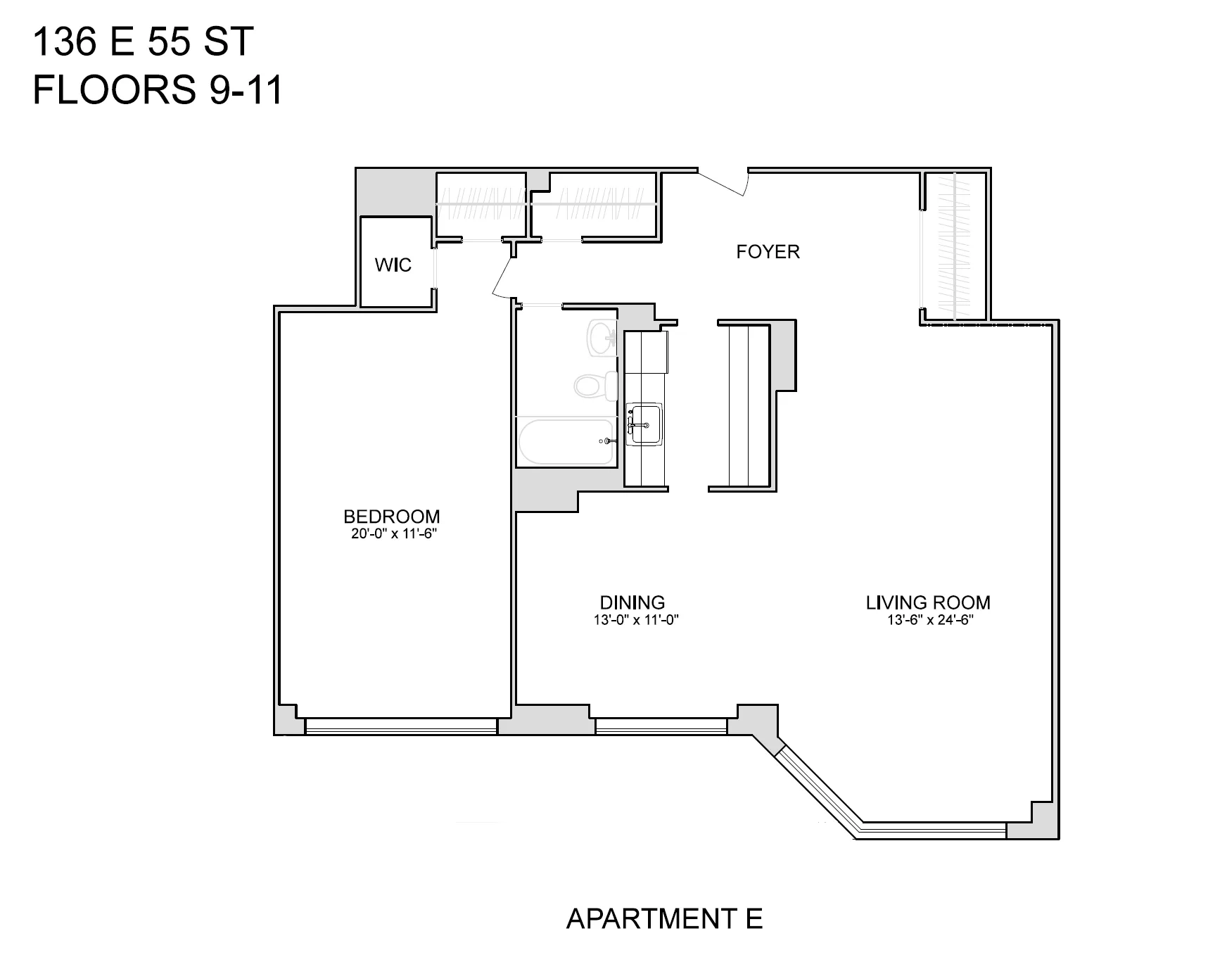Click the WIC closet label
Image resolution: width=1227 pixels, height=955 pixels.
[x=393, y=265]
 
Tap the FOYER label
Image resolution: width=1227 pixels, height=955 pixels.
[x=768, y=252]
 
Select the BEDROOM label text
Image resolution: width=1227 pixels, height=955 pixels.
[x=391, y=516]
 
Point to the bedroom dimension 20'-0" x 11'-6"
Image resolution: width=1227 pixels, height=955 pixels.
[x=394, y=533]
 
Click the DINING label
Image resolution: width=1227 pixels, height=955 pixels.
[x=632, y=602]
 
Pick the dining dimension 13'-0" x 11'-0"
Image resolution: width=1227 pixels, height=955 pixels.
[x=635, y=620]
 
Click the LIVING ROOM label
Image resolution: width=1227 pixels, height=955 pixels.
[x=927, y=602]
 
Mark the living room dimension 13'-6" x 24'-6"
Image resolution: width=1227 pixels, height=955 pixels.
[x=929, y=620]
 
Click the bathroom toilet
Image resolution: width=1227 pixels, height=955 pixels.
[x=595, y=385]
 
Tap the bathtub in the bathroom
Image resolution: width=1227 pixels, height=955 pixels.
[x=566, y=442]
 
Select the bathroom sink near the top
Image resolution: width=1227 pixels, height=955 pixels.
[x=603, y=338]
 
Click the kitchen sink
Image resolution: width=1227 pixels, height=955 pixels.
[x=645, y=424]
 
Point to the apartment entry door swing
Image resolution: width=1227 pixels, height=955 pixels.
[x=725, y=182]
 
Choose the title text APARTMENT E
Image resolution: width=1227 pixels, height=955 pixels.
[x=664, y=918]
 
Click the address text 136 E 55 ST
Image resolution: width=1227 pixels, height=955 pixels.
[x=143, y=44]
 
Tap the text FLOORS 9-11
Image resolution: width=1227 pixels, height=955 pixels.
[x=158, y=91]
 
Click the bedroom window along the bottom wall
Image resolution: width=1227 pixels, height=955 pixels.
[x=401, y=726]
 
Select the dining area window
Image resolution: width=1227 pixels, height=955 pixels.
[x=661, y=726]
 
